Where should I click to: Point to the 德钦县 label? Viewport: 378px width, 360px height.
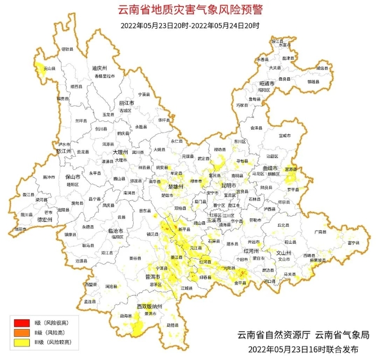[x=67, y=49]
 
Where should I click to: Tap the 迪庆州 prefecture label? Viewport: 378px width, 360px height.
[x=100, y=68]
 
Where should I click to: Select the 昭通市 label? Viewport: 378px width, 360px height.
[x=266, y=83]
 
